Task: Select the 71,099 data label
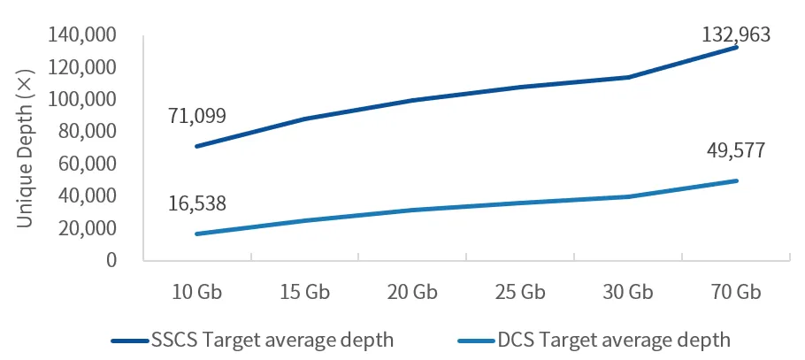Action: [x=197, y=116]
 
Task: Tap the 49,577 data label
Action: [x=736, y=150]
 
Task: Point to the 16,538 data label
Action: [x=197, y=203]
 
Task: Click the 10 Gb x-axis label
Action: [x=197, y=292]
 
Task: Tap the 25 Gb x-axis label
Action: [x=520, y=292]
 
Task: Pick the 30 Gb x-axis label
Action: [x=628, y=292]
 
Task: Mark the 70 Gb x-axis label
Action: [x=736, y=292]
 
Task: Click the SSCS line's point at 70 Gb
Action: [x=736, y=47]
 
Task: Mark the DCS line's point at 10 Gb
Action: [x=197, y=234]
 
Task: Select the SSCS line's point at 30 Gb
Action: [x=628, y=77]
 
